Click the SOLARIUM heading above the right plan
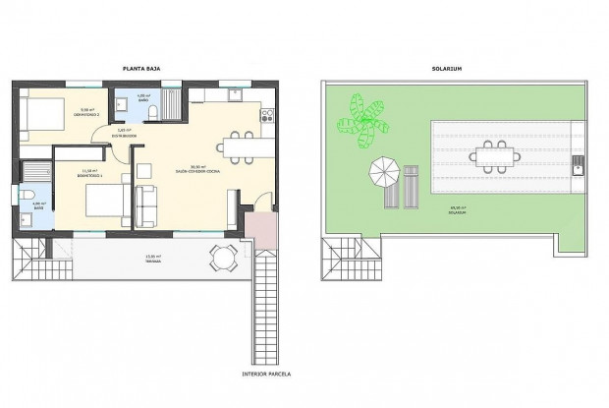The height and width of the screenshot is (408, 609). point(447,68)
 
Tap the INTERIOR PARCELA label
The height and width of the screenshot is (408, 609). point(265,375)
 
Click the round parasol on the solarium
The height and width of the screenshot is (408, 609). point(382,174)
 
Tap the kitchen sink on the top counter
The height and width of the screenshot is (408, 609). point(235,95)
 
